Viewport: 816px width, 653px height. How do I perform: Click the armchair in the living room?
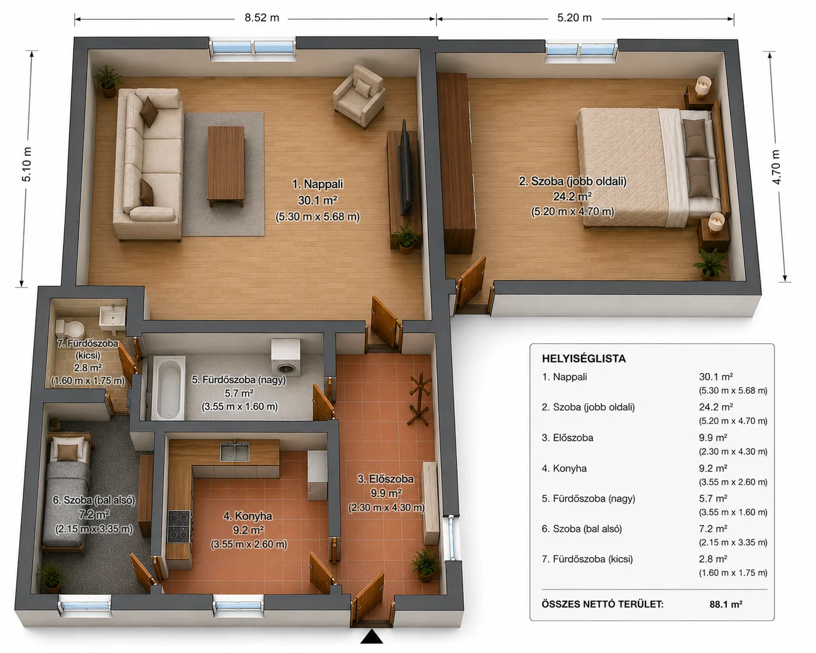coord(359,96)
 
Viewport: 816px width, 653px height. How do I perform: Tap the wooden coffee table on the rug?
coord(226,166)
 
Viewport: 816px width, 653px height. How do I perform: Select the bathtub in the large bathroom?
coord(168,388)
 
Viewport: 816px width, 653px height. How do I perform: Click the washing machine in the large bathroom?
coord(286,357)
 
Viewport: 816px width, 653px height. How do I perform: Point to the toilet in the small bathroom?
coord(70,329)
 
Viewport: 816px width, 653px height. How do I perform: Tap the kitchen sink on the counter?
coord(235,451)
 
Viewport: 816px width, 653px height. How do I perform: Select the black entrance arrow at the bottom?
coord(371,637)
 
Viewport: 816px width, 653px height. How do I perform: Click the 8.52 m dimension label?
coord(262,18)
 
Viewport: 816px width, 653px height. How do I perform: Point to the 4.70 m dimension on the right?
coord(776,167)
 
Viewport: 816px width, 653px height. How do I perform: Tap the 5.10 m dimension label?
coord(27,164)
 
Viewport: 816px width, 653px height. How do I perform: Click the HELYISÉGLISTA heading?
coord(584,359)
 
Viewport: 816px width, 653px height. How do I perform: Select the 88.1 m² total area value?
coord(726,604)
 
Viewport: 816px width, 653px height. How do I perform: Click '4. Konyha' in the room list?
coord(564,469)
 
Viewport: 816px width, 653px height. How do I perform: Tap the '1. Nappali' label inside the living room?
coord(317,184)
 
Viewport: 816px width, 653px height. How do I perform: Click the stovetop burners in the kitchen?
coord(179,526)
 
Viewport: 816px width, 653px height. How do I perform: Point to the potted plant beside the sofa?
coord(108,81)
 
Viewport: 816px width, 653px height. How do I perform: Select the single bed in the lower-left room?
coord(67,494)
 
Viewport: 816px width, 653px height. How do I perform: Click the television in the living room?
coord(406,168)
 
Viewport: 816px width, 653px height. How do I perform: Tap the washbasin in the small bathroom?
coord(112,316)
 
